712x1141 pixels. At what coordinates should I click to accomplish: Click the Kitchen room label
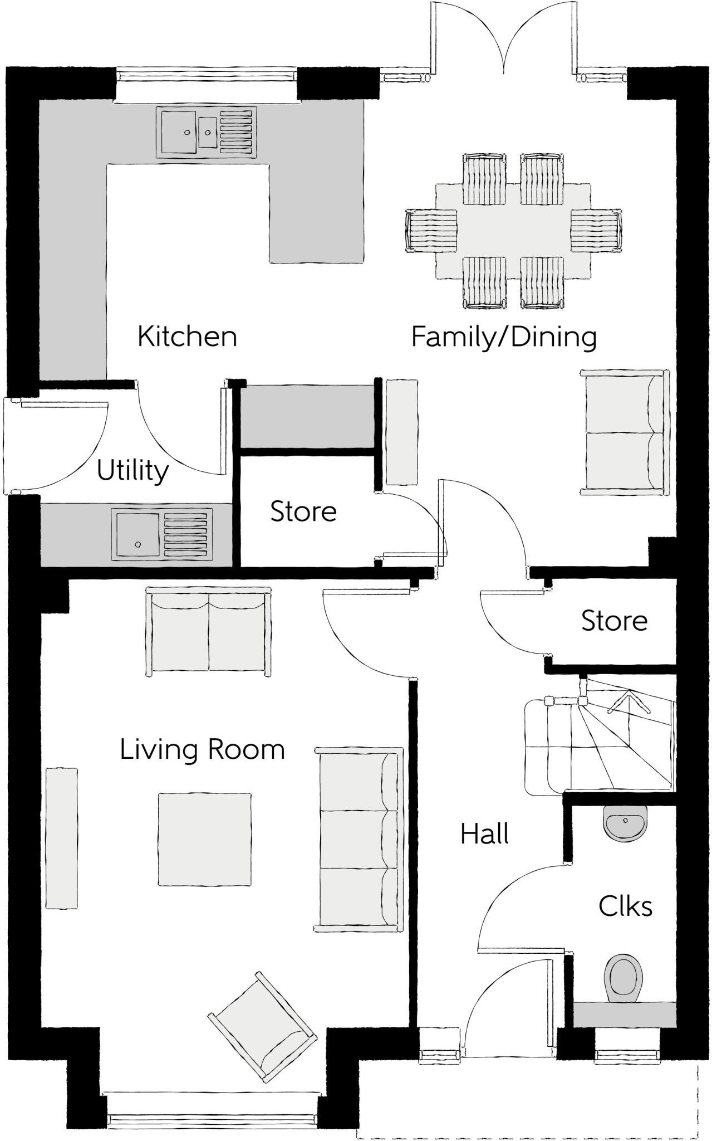187,337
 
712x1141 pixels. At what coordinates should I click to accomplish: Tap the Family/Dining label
504,337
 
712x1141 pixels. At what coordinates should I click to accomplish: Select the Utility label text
132,471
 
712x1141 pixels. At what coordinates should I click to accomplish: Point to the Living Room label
202,749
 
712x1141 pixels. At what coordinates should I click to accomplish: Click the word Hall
484,834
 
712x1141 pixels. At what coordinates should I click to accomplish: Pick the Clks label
625,906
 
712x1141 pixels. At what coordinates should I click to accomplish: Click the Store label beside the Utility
303,511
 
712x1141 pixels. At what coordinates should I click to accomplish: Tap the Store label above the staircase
615,621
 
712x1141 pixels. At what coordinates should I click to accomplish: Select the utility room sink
161,534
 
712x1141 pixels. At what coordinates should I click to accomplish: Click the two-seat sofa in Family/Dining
625,432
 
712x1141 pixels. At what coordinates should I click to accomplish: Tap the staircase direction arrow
629,702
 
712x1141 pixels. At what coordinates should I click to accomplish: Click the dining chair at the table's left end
431,231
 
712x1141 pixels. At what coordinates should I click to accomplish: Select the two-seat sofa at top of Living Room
208,631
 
